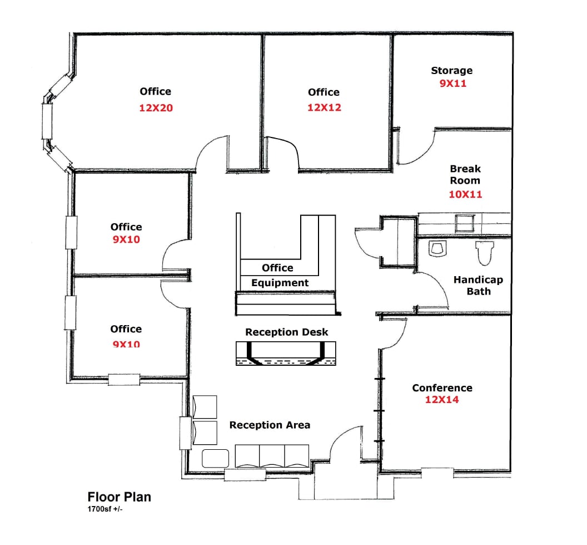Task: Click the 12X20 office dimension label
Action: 156,108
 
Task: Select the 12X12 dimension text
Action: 324,107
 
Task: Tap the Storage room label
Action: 451,71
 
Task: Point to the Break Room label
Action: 465,174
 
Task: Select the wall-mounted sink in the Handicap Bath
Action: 436,248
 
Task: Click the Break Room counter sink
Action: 464,223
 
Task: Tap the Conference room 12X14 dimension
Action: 442,400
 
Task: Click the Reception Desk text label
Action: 287,332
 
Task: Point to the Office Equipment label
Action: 279,276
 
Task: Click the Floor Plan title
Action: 119,497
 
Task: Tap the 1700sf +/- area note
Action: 105,509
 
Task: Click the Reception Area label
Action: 270,425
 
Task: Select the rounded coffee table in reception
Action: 216,458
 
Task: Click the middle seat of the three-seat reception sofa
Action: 272,456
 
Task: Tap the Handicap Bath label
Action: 477,286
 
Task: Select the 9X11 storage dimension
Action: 452,84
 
